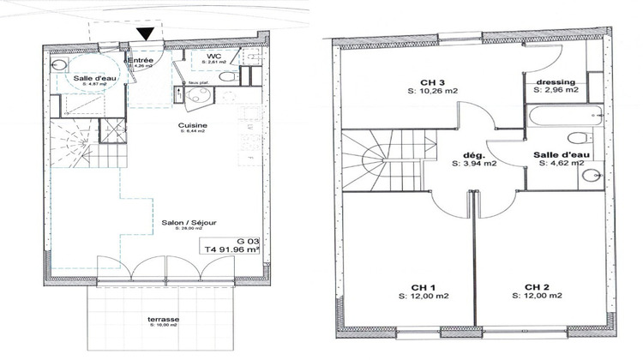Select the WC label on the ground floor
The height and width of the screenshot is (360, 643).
214,57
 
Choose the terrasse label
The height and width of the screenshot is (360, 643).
162,319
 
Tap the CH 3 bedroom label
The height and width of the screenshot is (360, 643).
431,83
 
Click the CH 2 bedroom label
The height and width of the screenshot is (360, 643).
538,286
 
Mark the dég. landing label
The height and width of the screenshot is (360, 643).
474,155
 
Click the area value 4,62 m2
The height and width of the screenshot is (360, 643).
562,162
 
